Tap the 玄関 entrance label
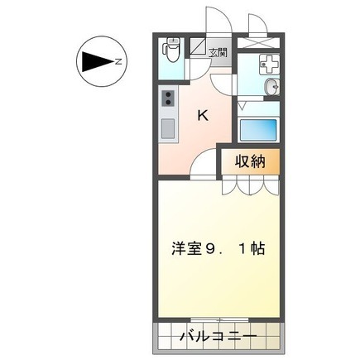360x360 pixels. click(x=218, y=53)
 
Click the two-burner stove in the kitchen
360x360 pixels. click(x=167, y=101)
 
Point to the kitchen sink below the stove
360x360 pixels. click(x=167, y=129)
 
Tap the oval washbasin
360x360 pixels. click(x=271, y=89)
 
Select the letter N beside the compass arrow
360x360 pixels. click(x=119, y=62)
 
